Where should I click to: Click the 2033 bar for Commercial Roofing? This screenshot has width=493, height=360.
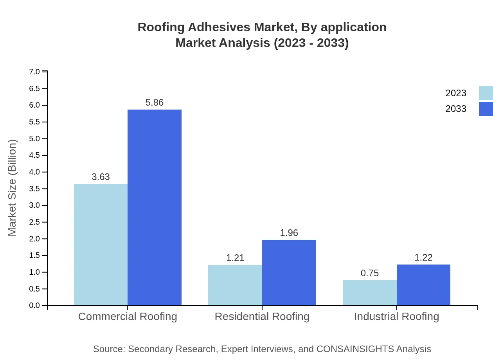pos(155,207)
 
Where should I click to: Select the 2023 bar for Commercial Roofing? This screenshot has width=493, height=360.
pos(101,245)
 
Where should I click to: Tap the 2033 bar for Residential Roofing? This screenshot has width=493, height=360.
pos(289,272)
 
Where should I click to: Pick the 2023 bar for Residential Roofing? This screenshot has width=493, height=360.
pos(235,285)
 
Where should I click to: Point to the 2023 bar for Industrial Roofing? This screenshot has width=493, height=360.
pos(370,293)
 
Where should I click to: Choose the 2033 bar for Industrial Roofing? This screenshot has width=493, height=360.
pos(423,285)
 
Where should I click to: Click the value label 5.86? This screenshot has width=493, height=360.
pos(155,103)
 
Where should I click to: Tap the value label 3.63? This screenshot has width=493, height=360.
pos(101,177)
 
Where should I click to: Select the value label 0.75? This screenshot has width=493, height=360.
pos(370,273)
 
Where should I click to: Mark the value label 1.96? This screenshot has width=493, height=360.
pos(289,233)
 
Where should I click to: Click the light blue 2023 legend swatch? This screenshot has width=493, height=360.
pos(486,93)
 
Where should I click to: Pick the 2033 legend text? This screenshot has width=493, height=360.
pos(456,109)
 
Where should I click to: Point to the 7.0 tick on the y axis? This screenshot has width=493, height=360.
pos(34,72)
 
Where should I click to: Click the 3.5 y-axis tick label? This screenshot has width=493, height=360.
pos(34,189)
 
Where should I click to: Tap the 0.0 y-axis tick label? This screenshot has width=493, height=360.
pos(34,306)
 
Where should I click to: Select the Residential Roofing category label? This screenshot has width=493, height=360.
pos(262,316)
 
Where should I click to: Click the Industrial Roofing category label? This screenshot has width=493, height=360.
pos(396,316)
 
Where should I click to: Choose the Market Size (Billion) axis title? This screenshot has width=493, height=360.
pos(13,188)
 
